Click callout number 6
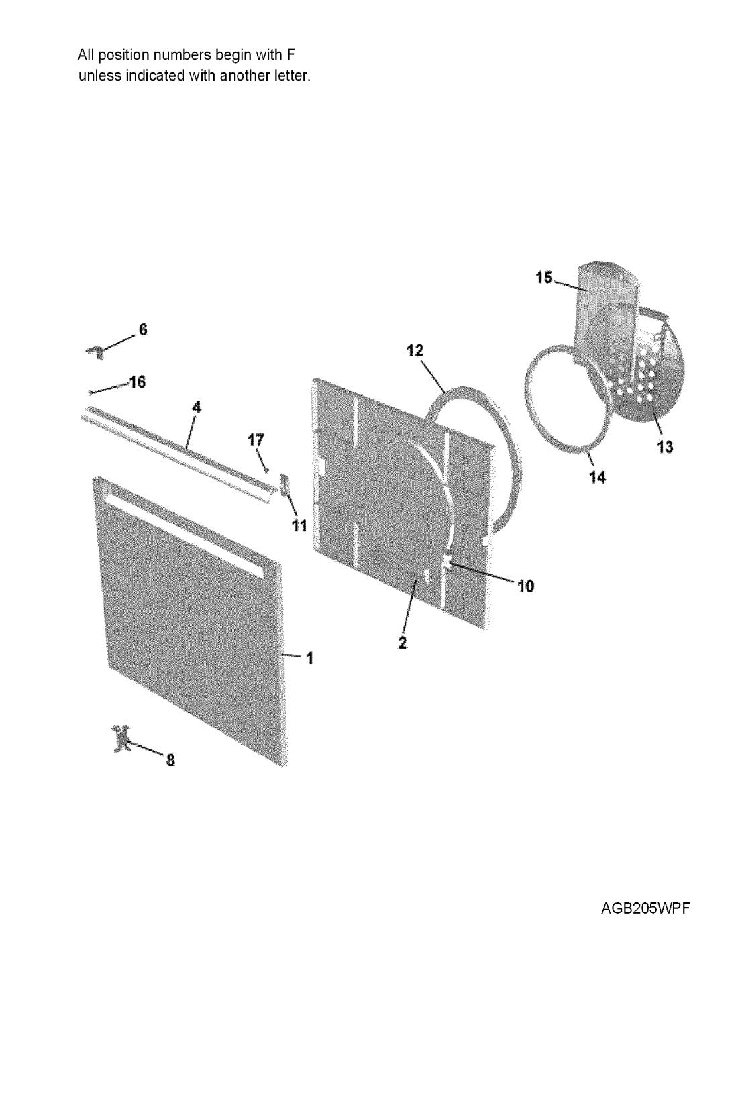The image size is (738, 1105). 142,330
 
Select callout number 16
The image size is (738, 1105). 137,382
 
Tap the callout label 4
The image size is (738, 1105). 197,407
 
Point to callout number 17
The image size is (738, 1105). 256,440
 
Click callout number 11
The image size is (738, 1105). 299,526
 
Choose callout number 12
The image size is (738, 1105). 415,351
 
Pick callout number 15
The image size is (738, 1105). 544,278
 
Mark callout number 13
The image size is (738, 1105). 664,448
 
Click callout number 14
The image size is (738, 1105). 597,477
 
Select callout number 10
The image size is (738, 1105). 525,586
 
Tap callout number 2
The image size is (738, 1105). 403,643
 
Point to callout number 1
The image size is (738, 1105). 309,658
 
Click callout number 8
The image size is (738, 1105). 170,761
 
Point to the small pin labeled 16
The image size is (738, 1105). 92,392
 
